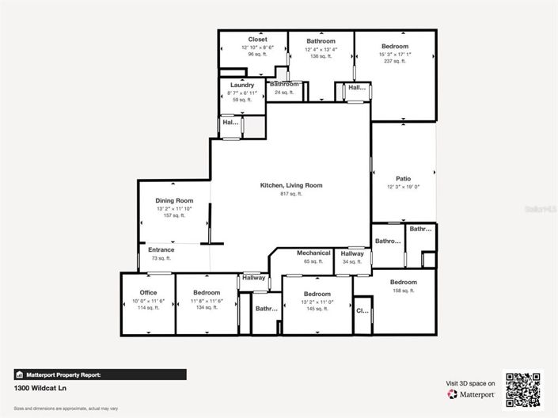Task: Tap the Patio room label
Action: point(403,179)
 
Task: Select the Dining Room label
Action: point(174,201)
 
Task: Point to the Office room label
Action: point(148,293)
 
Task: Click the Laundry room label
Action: point(241,85)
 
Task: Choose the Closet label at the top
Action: point(257,40)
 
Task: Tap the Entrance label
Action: point(161,250)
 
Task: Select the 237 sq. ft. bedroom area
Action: point(395,62)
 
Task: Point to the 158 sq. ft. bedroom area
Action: point(403,291)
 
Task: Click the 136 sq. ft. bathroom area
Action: point(321,56)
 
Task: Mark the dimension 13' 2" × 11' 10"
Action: point(174,208)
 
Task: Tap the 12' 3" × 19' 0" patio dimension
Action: point(403,188)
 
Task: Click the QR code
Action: point(523,389)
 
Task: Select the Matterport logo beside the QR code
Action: point(471,393)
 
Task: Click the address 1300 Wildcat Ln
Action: point(39,389)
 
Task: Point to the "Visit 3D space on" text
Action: point(470,383)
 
